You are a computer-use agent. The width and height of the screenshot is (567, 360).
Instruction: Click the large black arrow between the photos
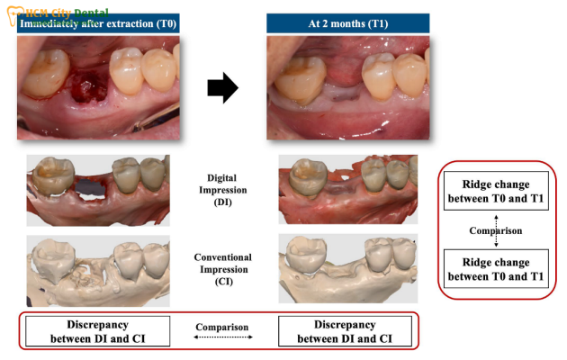(223, 88)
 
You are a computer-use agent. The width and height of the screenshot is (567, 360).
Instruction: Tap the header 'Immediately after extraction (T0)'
(98, 24)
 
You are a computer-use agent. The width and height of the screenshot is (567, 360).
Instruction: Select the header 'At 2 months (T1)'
(348, 24)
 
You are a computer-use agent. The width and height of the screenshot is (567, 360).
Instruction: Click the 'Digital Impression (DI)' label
(222, 190)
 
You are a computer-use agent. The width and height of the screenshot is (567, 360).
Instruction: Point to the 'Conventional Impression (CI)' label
(223, 269)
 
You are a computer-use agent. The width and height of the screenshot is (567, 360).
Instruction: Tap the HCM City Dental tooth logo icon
(15, 15)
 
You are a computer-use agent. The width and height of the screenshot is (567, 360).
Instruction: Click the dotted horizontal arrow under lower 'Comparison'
(223, 337)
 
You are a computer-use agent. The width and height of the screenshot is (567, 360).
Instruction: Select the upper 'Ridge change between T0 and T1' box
(496, 191)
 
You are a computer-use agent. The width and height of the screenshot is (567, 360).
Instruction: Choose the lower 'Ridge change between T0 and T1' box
(496, 268)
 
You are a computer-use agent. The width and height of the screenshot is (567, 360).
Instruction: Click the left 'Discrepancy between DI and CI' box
(97, 331)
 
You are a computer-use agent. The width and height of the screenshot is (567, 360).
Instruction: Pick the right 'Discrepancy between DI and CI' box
(345, 331)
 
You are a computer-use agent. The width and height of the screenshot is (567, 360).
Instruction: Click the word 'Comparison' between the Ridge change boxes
(496, 230)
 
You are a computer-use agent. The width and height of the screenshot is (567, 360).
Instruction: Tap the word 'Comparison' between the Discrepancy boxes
(222, 327)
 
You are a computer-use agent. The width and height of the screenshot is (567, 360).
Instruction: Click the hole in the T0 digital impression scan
(90, 196)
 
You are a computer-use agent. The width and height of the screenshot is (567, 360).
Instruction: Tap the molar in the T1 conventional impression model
(306, 254)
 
